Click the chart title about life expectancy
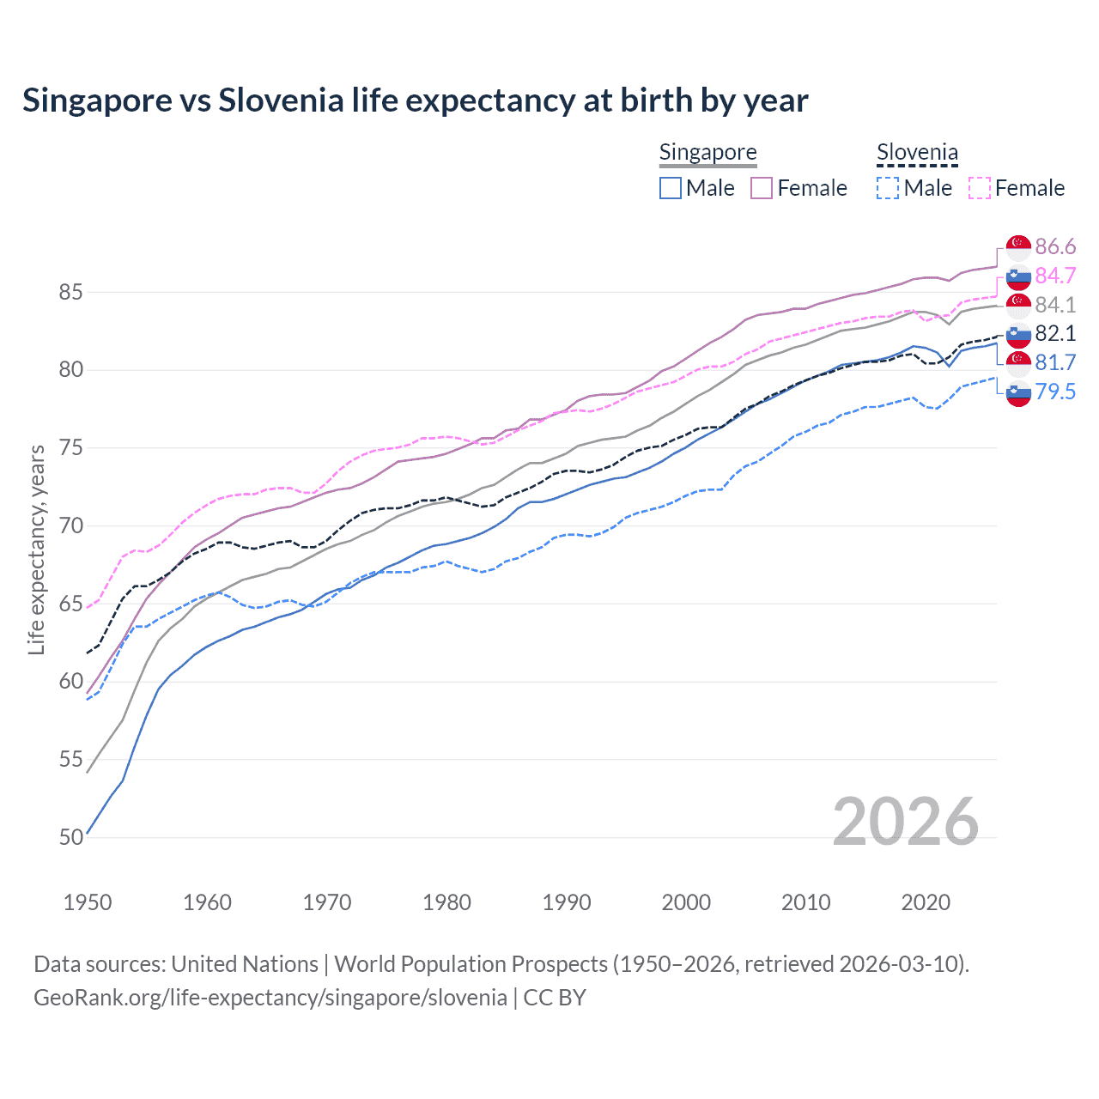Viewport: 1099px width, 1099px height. (x=415, y=100)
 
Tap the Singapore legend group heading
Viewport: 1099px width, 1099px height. (x=707, y=153)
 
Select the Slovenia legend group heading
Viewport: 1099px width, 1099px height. (x=917, y=153)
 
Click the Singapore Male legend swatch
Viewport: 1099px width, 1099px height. (x=671, y=188)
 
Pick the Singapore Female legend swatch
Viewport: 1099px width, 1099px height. (x=762, y=188)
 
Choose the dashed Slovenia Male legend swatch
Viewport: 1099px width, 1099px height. (x=888, y=188)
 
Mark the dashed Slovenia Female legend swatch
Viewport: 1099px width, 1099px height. (x=979, y=188)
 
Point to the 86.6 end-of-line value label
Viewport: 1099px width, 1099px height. (x=1055, y=247)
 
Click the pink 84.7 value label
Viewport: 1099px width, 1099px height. (x=1055, y=276)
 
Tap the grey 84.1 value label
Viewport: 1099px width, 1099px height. (x=1055, y=305)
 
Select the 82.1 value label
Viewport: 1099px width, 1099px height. (x=1055, y=333)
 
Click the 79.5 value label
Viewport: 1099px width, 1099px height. (x=1055, y=392)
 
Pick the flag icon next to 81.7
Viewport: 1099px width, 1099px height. (x=1018, y=362)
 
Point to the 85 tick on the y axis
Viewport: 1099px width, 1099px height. (x=70, y=292)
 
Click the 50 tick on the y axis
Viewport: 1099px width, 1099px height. (x=70, y=837)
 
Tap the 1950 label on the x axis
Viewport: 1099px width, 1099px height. (x=88, y=902)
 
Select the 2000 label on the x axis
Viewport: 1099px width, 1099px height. (x=686, y=902)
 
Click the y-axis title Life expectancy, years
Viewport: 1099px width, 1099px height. (x=36, y=549)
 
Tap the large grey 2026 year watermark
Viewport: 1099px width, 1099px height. (x=905, y=822)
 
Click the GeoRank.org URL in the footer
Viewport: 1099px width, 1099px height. (x=270, y=998)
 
